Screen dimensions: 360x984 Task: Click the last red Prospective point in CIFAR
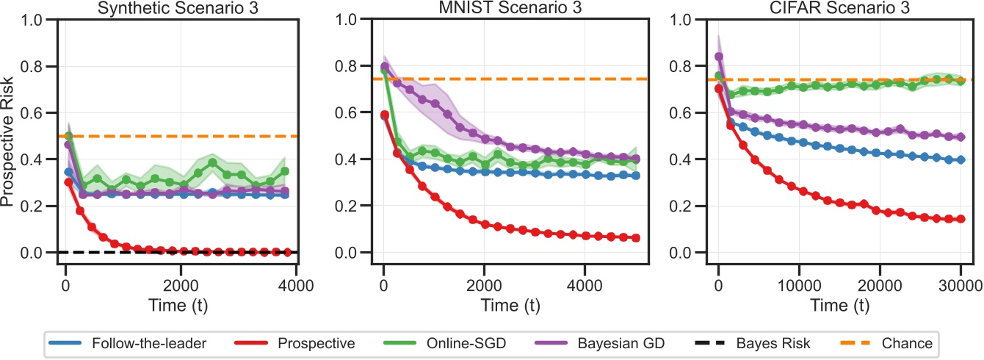point(960,219)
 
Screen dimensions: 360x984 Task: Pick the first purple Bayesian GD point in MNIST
point(384,68)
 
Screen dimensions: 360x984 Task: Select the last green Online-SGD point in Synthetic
point(284,171)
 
